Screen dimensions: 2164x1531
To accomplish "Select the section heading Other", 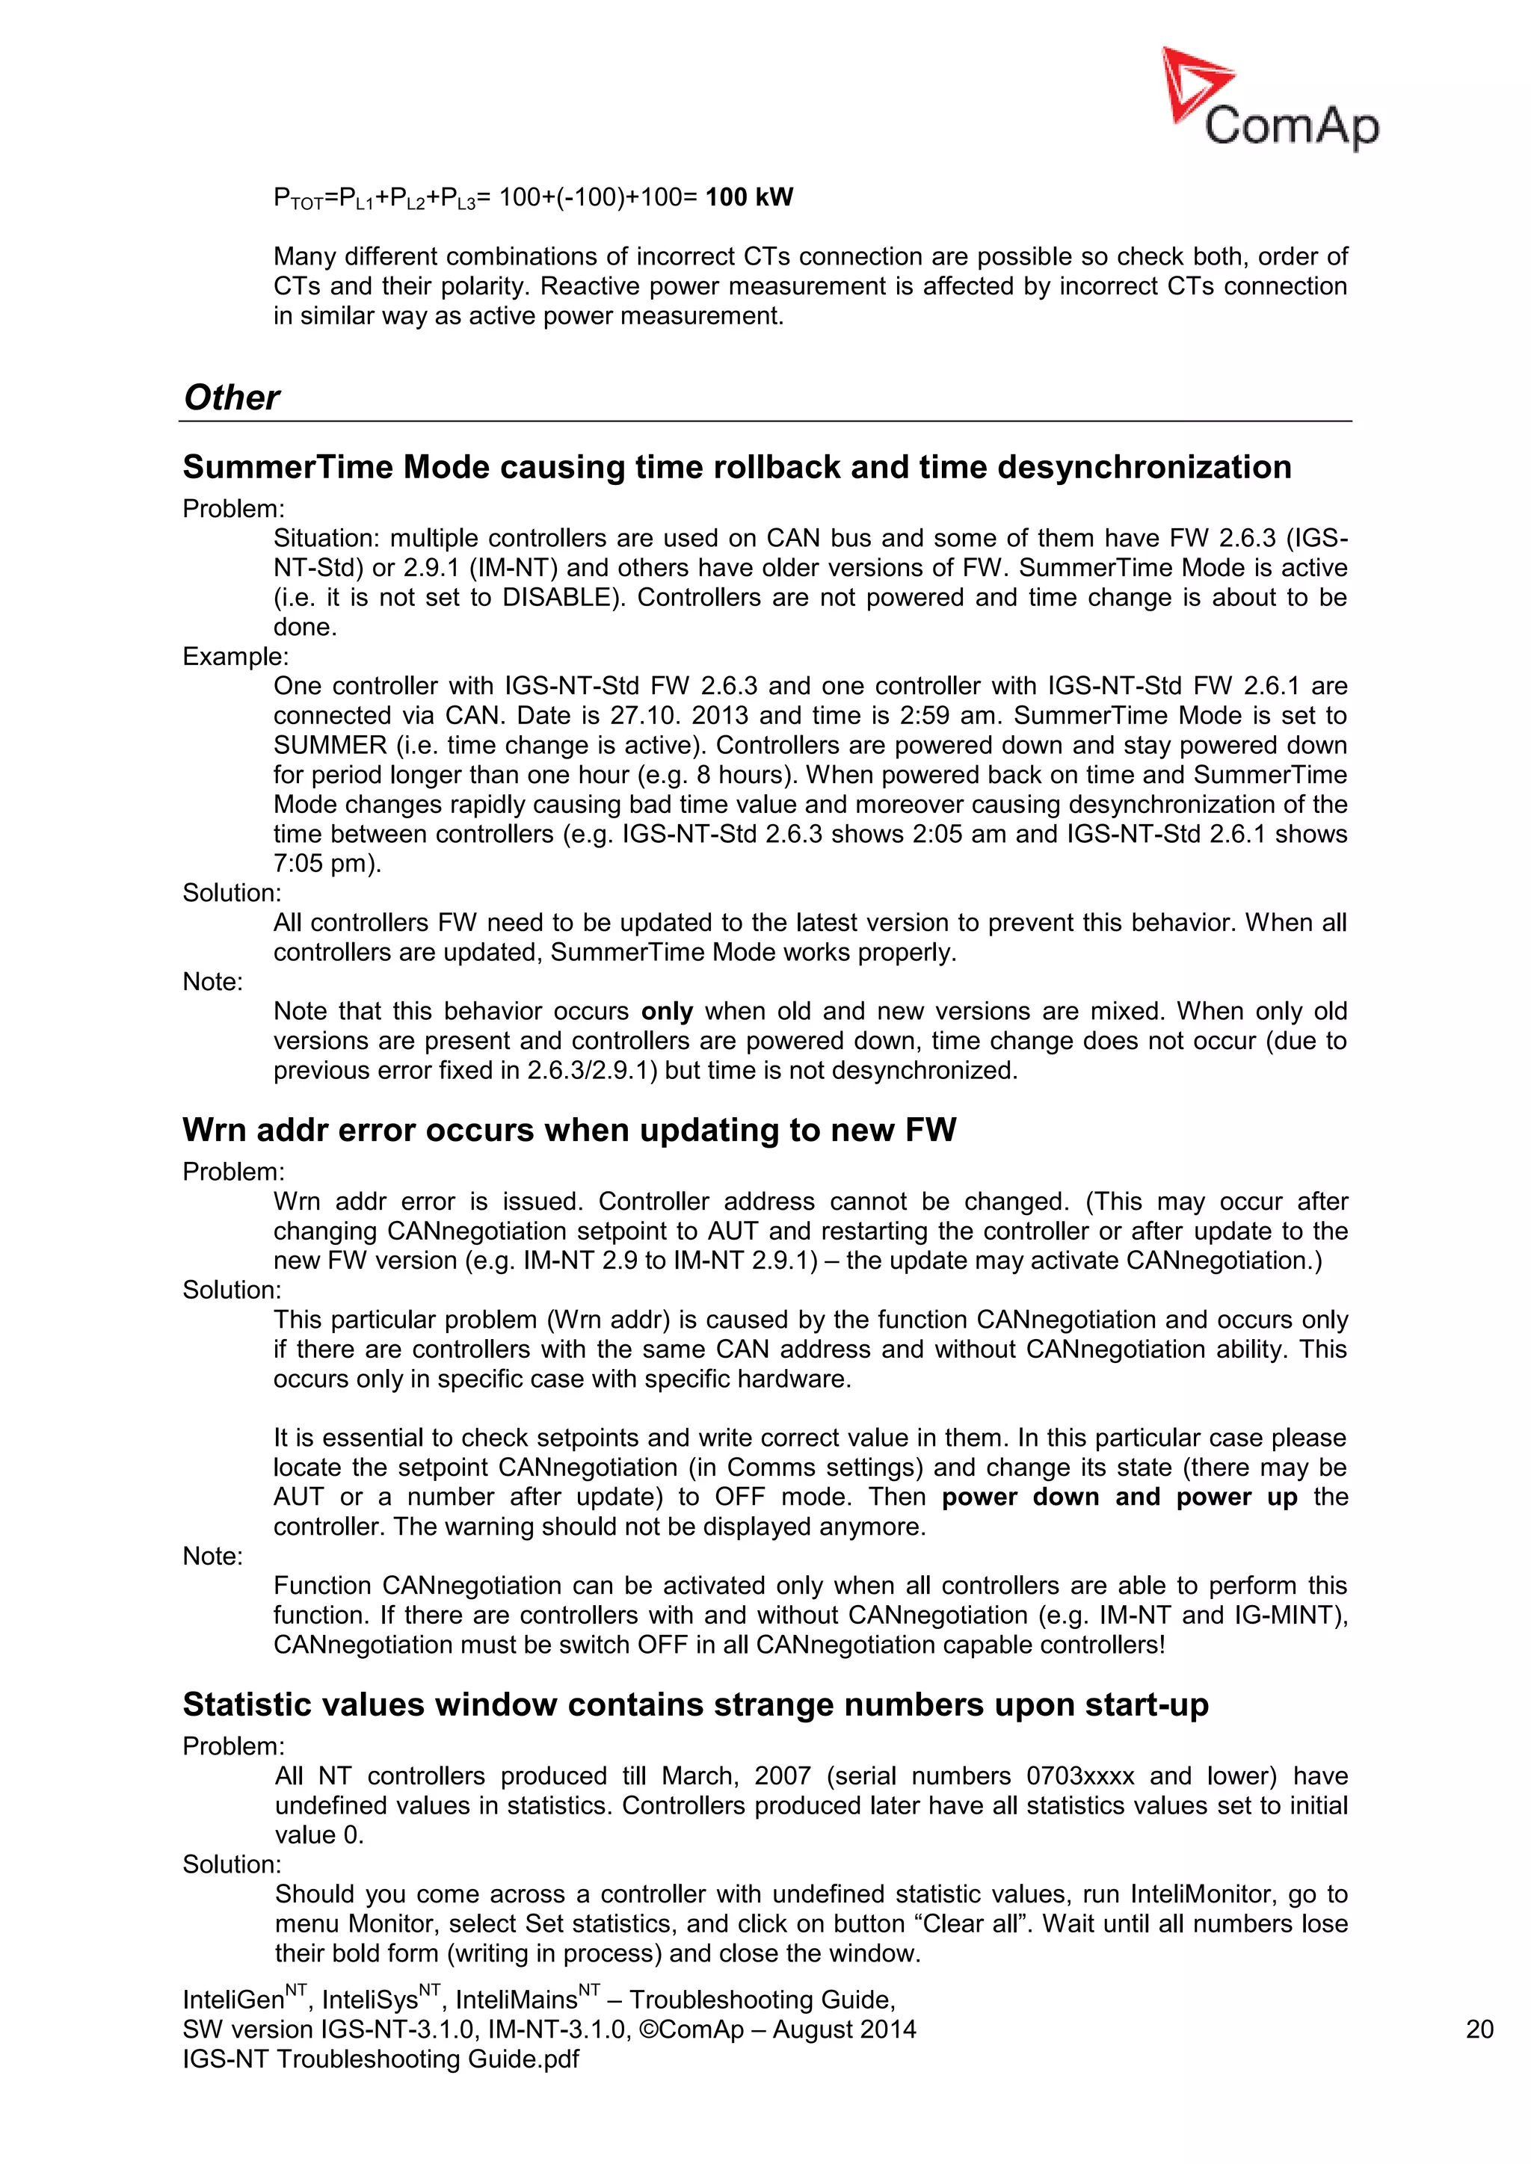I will point(231,398).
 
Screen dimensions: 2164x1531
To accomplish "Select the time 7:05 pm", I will point(326,863).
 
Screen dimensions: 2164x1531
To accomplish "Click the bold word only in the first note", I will point(667,1011).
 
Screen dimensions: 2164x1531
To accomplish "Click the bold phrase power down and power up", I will point(1119,1497).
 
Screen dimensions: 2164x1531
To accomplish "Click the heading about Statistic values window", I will point(694,1705).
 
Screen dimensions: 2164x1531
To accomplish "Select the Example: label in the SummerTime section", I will point(235,657).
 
